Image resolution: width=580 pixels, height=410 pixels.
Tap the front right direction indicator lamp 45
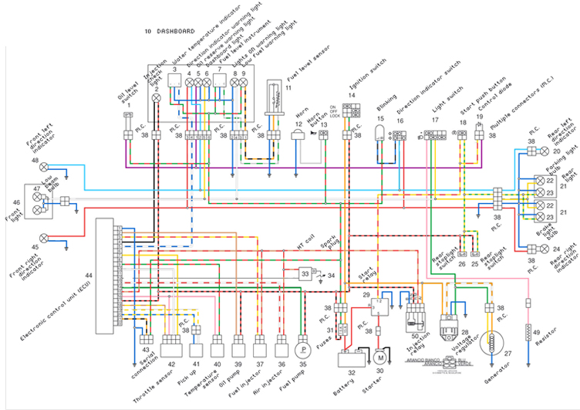pos(44,236)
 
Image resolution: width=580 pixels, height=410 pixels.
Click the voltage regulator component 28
pos(450,325)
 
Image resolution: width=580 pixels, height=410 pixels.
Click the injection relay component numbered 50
pos(417,317)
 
